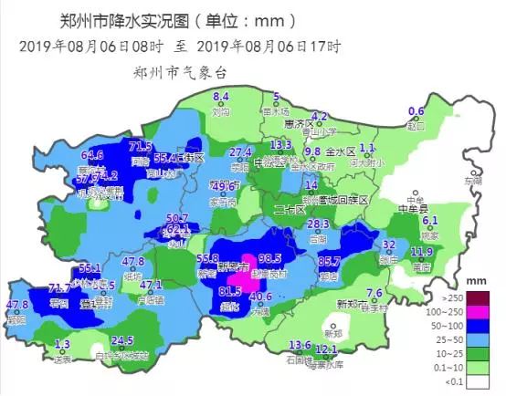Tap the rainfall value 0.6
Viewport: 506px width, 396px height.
[416, 112]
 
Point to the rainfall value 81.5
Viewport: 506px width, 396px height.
[231, 292]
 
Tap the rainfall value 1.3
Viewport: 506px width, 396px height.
[62, 345]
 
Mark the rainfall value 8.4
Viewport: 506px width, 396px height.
[220, 97]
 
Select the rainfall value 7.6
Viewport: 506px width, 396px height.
[374, 293]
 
